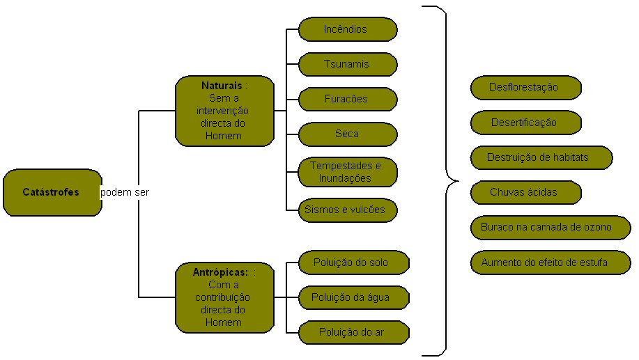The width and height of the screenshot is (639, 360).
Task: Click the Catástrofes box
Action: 52,192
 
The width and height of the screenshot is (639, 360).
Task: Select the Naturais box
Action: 224,111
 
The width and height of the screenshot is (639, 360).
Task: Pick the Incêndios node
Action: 348,29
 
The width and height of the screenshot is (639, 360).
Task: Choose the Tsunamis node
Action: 348,65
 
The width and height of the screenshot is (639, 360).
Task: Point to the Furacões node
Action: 348,99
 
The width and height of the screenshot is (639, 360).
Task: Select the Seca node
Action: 348,132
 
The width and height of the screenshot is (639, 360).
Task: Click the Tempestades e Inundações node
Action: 348,172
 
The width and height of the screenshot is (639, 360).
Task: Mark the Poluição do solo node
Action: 353,263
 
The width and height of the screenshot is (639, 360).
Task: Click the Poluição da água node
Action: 353,298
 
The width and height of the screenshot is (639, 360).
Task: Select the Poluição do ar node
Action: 353,332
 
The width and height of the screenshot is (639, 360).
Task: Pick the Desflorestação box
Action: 525,88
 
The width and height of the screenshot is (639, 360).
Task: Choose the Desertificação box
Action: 525,123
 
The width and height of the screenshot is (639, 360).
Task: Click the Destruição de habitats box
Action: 541,157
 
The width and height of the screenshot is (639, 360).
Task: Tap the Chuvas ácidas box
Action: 525,192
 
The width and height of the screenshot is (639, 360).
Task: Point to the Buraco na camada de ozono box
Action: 549,227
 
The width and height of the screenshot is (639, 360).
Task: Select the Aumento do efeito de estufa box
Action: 549,263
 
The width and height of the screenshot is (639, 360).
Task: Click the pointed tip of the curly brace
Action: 457,181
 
